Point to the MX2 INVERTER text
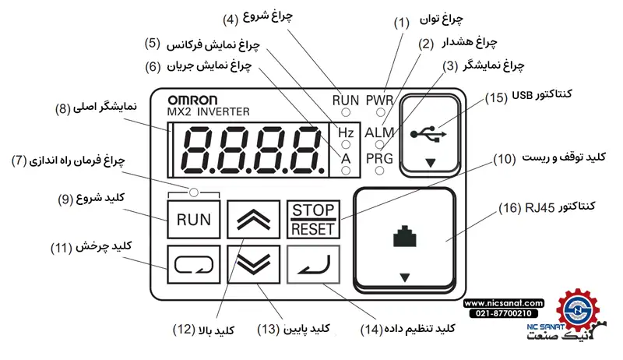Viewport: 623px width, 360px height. pos(208,112)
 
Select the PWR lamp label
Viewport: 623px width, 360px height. pos(379,100)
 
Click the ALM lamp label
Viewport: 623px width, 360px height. pos(379,132)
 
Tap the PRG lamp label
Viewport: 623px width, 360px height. pos(379,158)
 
